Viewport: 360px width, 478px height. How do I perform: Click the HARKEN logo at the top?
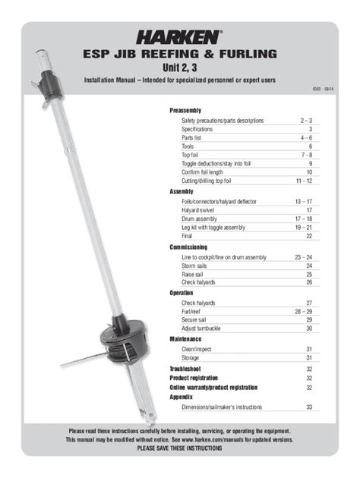point(180,35)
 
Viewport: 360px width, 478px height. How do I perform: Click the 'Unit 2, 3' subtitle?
point(180,68)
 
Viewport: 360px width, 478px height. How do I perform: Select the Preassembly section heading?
point(185,111)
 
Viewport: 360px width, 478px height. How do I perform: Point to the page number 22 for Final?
point(309,237)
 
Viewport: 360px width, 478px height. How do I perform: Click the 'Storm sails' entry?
point(197,266)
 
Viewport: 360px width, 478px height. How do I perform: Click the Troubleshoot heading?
point(188,367)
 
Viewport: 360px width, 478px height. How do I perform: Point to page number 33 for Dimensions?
point(309,407)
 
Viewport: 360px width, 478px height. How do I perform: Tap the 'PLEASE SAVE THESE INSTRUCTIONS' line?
point(180,448)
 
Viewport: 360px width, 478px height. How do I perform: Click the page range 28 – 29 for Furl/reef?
point(304,311)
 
